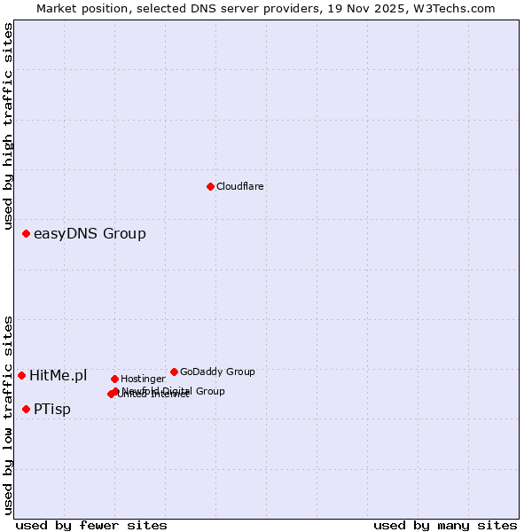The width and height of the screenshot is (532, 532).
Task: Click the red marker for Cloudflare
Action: click(210, 186)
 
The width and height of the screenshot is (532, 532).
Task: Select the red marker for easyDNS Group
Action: click(27, 234)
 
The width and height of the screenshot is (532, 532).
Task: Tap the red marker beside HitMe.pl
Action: click(22, 376)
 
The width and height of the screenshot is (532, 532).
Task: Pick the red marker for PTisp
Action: click(27, 409)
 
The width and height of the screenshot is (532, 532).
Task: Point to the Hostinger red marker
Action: click(114, 379)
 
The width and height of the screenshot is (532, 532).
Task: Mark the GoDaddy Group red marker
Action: click(174, 372)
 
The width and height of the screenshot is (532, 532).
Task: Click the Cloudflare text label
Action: click(239, 187)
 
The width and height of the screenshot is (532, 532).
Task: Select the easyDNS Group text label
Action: click(90, 234)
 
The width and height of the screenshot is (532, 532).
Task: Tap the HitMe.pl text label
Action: click(59, 376)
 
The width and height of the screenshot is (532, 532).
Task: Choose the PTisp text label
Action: click(52, 410)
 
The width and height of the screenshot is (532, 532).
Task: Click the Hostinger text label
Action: click(143, 379)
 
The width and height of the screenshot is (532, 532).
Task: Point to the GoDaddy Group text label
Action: click(217, 372)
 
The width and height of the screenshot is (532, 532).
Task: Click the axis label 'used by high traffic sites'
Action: click(8, 126)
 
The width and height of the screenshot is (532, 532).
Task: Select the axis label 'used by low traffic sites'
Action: click(8, 415)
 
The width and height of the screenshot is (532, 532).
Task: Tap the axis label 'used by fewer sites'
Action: click(91, 525)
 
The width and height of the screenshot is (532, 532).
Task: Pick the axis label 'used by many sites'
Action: click(445, 525)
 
